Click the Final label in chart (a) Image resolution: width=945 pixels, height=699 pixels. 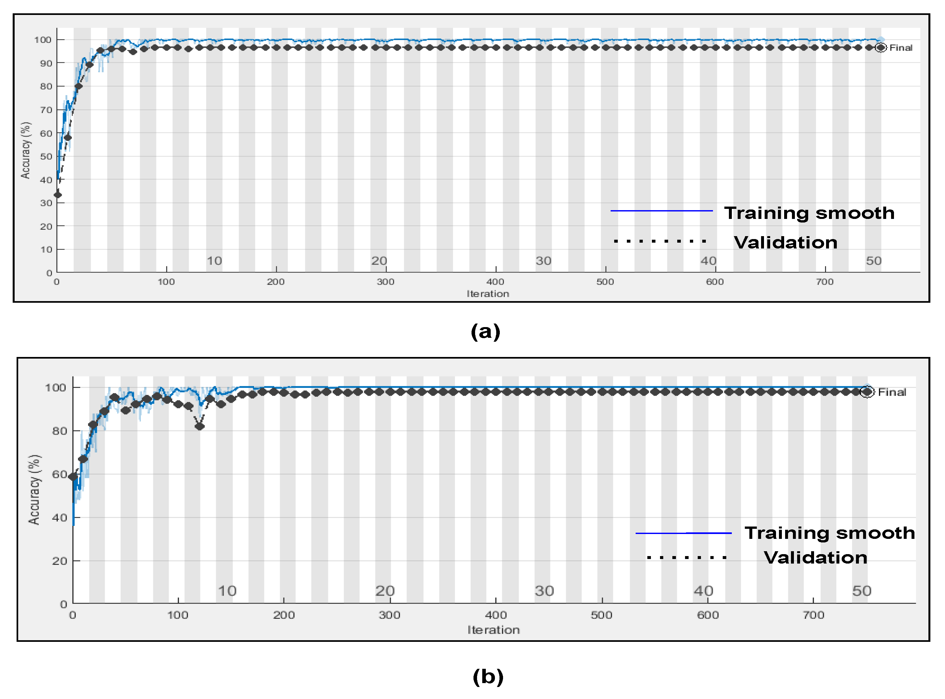coord(900,48)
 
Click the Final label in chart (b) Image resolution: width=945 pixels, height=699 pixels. coord(892,392)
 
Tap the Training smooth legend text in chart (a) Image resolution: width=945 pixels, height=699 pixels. coord(809,213)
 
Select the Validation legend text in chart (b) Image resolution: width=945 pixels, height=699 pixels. coord(815,557)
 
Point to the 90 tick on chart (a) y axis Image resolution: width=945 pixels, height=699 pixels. coord(46,63)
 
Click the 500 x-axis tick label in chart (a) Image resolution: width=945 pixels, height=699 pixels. coord(605,282)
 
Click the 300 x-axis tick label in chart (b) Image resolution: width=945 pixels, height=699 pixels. coord(389,615)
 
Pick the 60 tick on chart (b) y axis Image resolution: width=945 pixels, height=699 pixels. coord(59,474)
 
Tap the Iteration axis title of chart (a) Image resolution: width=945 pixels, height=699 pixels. coord(487,294)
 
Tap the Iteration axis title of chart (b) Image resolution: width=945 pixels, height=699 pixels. coord(493,630)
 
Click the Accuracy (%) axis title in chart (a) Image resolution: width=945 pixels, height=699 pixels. coord(25,150)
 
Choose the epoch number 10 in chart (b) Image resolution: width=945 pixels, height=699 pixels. coord(227,591)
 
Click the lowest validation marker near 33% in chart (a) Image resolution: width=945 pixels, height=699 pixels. coord(58,195)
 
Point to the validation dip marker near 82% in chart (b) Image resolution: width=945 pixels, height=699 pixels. coord(200,426)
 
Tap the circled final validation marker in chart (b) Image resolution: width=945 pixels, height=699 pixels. coord(867,392)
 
